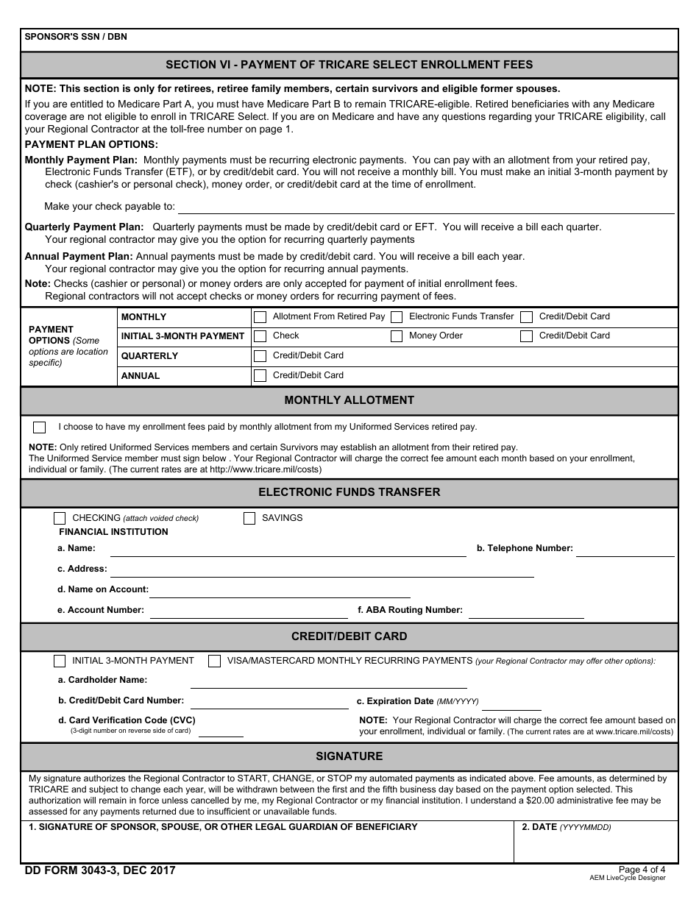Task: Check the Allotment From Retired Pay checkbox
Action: click(x=260, y=317)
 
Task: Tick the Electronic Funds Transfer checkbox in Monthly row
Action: click(x=397, y=317)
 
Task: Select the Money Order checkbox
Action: click(x=397, y=336)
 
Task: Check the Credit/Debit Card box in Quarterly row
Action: click(x=260, y=356)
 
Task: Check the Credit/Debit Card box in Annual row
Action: click(x=260, y=376)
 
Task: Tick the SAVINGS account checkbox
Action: click(x=249, y=518)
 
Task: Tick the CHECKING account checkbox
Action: click(x=60, y=518)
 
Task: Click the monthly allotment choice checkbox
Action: click(x=40, y=427)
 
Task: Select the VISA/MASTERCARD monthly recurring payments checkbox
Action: click(x=214, y=661)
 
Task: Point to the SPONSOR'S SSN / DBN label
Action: click(x=76, y=37)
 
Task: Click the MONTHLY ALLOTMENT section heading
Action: click(x=349, y=400)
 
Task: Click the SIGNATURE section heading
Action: click(x=349, y=756)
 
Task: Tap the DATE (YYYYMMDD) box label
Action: click(x=566, y=827)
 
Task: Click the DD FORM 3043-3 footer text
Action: click(x=100, y=870)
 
